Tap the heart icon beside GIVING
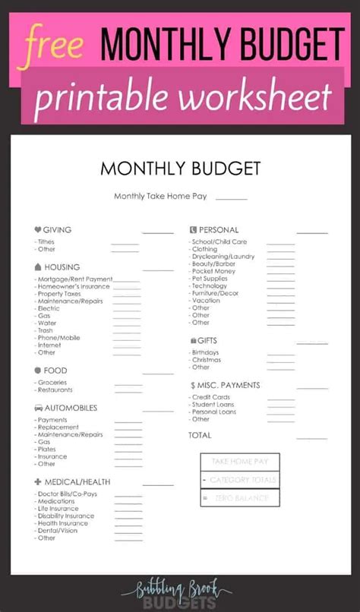38,229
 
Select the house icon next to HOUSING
38,267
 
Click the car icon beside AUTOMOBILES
38,408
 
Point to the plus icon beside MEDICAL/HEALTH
38,481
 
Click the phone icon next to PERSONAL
193,229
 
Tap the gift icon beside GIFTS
193,341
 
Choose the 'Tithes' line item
46,241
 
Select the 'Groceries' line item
52,382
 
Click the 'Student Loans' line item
213,404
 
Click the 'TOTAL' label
200,435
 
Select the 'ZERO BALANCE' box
240,498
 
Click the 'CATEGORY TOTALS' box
240,480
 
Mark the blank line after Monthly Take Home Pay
231,198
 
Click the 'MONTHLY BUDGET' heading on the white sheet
180,168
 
